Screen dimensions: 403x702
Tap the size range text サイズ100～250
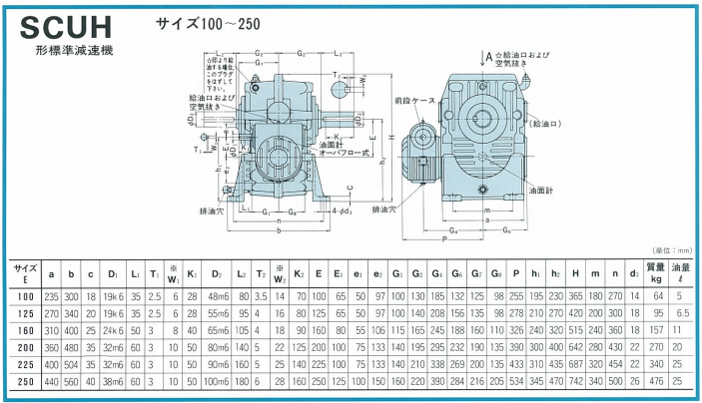(206, 21)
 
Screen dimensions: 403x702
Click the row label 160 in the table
(25, 330)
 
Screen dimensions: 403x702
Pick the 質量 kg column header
(656, 271)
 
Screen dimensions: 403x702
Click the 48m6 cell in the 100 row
(218, 296)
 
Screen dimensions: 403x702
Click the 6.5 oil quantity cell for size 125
(684, 313)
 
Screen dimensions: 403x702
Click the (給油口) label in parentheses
(548, 123)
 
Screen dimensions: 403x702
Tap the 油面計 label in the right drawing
(540, 190)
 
